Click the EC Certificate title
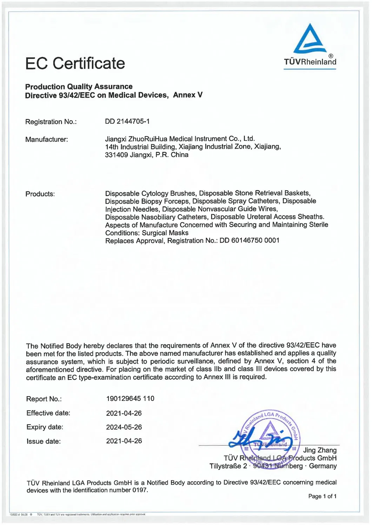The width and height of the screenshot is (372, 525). tap(75, 63)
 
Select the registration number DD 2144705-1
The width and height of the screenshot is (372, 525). tap(127, 121)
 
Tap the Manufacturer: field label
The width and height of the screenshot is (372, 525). tap(47, 139)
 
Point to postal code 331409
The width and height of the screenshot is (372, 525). tap(116, 155)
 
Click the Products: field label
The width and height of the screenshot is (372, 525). tap(40, 194)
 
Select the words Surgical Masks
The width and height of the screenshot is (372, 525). tap(165, 233)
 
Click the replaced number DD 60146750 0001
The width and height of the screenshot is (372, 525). tap(250, 241)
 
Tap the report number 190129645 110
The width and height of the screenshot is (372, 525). tap(130, 398)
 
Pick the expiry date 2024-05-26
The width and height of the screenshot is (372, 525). tap(124, 427)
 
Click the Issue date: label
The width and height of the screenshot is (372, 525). tap(44, 441)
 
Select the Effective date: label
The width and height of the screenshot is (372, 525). tap(48, 413)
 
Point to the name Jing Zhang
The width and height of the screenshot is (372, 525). tap(320, 450)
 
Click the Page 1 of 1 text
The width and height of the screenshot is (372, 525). tap(322, 496)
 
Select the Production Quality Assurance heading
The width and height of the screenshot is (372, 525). tap(79, 87)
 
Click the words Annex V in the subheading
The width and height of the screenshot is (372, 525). tap(188, 95)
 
